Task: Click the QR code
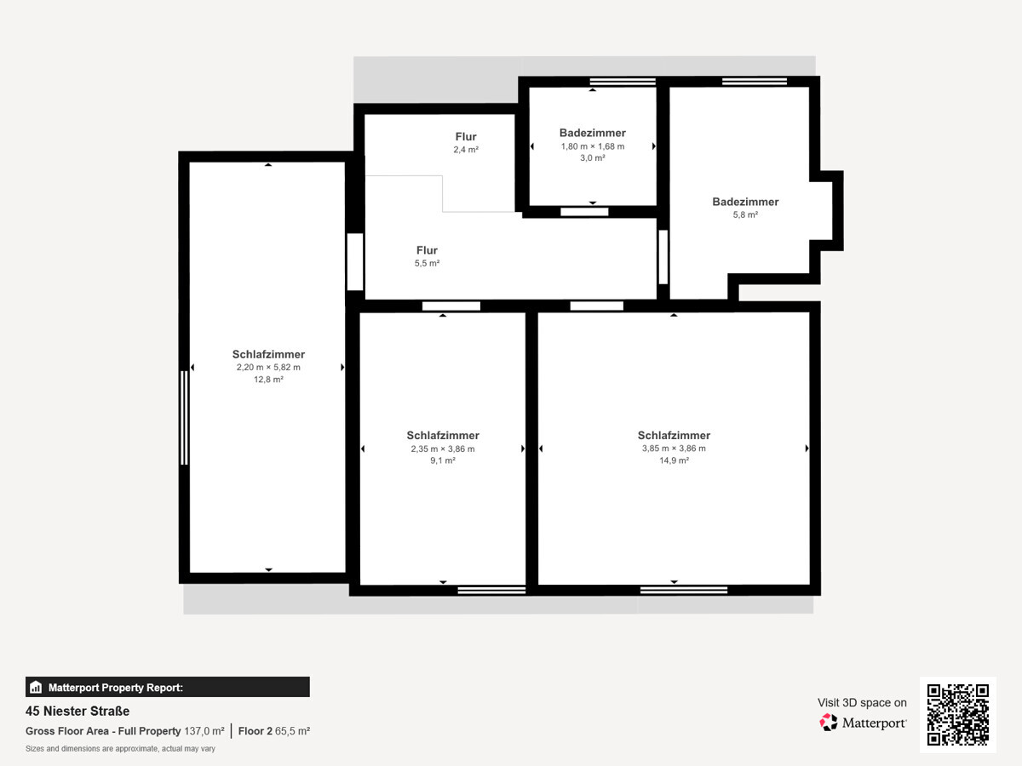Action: coord(958,714)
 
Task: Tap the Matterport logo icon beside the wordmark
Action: coord(828,723)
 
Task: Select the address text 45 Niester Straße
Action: coord(78,712)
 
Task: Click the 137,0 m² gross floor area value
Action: coord(204,731)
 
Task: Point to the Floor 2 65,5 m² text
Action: coord(273,731)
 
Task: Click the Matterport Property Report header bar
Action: coord(168,687)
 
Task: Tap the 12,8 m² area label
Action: coord(268,379)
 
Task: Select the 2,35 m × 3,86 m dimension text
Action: coord(443,449)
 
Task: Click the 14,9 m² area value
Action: coord(674,460)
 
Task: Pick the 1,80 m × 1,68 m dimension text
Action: coord(593,146)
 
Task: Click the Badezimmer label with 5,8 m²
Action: coord(745,202)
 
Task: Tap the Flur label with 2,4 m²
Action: coord(466,137)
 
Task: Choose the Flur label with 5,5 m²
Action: coord(427,250)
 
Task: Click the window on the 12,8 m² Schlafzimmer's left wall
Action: coord(184,418)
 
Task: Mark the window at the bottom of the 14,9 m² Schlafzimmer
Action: coord(684,590)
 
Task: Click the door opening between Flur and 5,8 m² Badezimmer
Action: coord(663,257)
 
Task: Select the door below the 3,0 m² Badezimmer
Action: coord(584,212)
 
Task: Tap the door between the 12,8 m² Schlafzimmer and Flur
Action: coord(355,262)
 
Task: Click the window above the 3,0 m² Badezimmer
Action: coord(623,82)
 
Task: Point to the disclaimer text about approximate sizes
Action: coord(120,749)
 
